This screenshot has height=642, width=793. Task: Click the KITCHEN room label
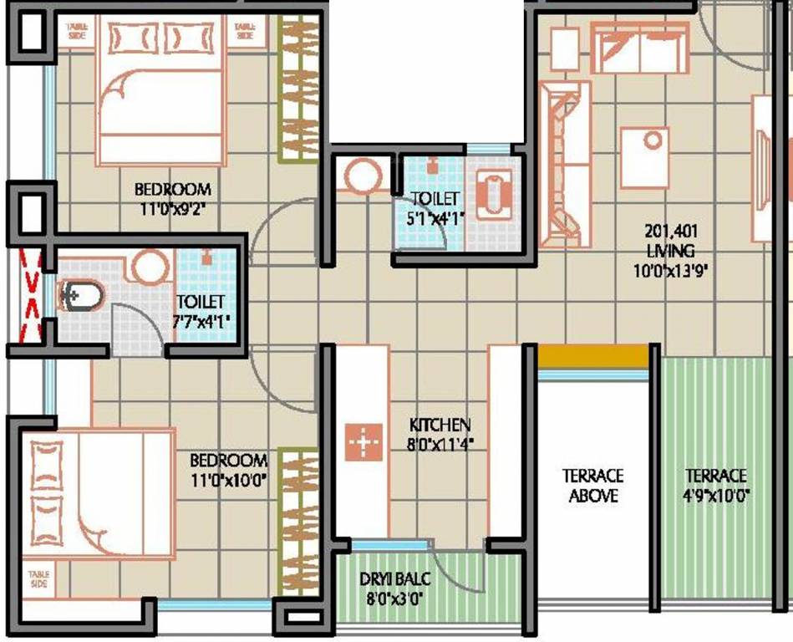[x=440, y=425]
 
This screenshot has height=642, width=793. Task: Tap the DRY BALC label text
[x=389, y=578]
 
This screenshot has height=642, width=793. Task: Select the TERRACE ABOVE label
[x=592, y=485]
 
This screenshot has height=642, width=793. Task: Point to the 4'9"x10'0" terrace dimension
[x=717, y=495]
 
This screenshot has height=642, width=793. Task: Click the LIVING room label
[x=670, y=250]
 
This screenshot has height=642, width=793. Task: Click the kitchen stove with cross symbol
[x=363, y=441]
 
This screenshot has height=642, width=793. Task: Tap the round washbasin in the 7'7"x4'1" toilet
[x=151, y=267]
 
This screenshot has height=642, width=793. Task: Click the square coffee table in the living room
[x=644, y=157]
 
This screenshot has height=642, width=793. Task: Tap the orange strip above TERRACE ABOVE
[x=592, y=355]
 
